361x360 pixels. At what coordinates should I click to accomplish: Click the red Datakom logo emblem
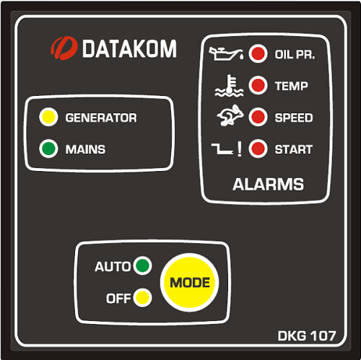tap(64, 48)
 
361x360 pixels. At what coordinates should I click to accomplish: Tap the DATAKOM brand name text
tap(129, 49)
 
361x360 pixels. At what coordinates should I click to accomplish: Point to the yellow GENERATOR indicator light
tap(48, 117)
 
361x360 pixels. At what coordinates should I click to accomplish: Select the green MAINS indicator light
tap(48, 149)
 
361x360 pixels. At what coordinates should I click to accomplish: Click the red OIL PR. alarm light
tap(258, 53)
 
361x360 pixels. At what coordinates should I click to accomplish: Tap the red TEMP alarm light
tap(258, 85)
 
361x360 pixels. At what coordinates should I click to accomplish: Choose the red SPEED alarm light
tap(258, 117)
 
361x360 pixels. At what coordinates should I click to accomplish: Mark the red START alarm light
tap(258, 149)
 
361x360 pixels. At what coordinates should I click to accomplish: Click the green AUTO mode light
tap(142, 265)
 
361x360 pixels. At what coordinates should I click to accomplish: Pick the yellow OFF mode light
tap(142, 298)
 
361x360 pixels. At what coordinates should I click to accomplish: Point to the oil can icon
tap(226, 53)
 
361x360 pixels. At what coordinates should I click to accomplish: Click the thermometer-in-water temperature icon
tap(229, 86)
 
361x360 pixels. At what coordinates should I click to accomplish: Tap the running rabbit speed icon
tap(230, 115)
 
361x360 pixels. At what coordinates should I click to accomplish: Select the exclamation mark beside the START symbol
tap(239, 149)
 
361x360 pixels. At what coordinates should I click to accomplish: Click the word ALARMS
tap(268, 185)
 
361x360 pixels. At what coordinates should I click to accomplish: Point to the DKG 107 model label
tap(307, 335)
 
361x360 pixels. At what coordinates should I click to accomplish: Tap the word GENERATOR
tap(101, 118)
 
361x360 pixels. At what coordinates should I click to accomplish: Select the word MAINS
tap(85, 149)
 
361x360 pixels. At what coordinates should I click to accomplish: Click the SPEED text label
tap(294, 118)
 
